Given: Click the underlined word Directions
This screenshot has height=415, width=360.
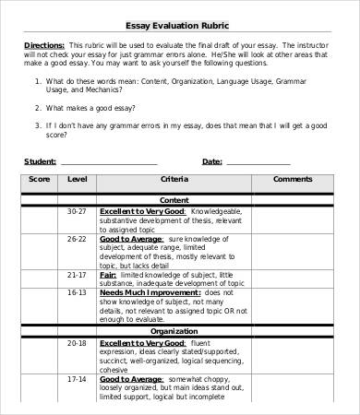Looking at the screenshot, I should point(42,45).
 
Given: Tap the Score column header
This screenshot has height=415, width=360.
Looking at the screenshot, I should point(39,179).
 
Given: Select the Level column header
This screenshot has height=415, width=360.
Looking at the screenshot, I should point(78,179).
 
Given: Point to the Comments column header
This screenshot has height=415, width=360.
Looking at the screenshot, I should point(294,179).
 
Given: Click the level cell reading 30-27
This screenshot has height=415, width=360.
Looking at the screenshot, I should point(78,211).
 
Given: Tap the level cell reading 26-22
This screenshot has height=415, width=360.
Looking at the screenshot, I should point(78,239).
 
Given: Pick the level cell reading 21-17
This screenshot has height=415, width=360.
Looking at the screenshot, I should point(78,275).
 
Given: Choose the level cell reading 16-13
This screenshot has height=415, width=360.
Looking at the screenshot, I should point(78,292).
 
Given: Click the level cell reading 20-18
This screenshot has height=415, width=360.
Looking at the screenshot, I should point(78,342).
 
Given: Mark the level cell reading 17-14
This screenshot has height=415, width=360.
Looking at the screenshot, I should point(78,378).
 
